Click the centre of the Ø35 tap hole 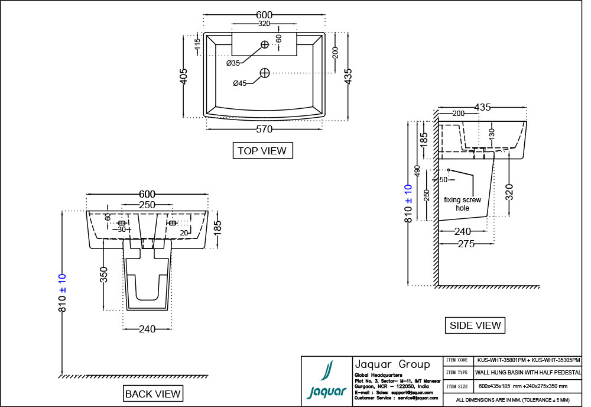[265, 44]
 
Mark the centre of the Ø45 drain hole [265, 73]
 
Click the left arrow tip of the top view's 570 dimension [206, 130]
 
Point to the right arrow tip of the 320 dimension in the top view [297, 24]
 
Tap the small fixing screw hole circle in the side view [449, 170]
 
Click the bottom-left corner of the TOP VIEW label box [233, 159]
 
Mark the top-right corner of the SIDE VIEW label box [505, 318]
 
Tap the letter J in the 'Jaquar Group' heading [358, 365]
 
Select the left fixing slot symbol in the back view [122, 223]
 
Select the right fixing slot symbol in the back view [172, 223]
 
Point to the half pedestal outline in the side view [466, 189]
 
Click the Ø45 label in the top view [240, 83]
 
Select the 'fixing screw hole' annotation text [463, 204]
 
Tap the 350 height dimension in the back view [104, 274]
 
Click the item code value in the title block [528, 360]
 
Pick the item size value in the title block [523, 386]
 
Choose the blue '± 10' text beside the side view [408, 194]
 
